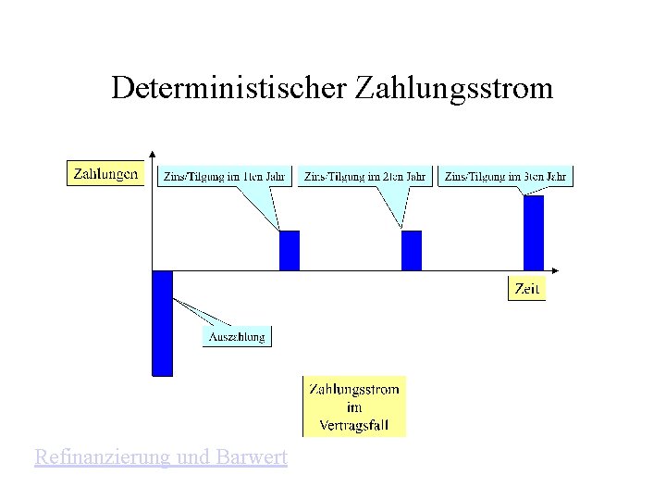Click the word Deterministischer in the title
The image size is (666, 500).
[x=226, y=89]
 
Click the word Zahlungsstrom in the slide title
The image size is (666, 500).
[x=451, y=89]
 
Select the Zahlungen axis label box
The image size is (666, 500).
[x=105, y=173]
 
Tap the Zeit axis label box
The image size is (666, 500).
[x=526, y=288]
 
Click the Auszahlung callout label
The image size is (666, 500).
[x=237, y=336]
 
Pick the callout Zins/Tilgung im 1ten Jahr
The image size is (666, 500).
[x=226, y=175]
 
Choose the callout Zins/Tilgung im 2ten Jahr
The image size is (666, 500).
[x=366, y=175]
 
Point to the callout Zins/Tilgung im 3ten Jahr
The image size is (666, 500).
[x=505, y=175]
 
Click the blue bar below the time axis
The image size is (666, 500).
[x=163, y=322]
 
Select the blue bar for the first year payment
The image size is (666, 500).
[x=290, y=250]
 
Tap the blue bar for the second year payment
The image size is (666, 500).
[x=411, y=250]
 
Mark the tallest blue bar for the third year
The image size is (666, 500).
[x=534, y=232]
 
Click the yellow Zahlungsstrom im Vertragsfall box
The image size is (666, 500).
[x=354, y=406]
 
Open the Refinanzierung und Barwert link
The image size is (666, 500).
[x=160, y=456]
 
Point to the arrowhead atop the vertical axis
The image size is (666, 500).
[x=152, y=153]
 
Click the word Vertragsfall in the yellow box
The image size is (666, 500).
[x=354, y=426]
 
